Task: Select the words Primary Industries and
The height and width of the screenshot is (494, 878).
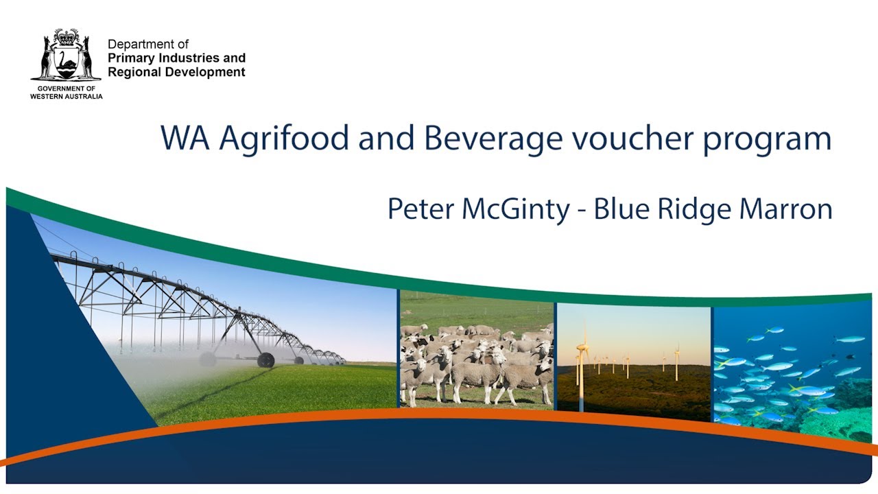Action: coord(176,58)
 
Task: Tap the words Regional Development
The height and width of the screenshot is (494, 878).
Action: coord(176,72)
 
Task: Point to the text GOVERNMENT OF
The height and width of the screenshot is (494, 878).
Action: coord(66,89)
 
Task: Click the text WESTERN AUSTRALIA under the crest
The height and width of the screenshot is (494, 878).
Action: coord(66,97)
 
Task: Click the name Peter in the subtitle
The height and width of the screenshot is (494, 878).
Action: coord(420,209)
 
